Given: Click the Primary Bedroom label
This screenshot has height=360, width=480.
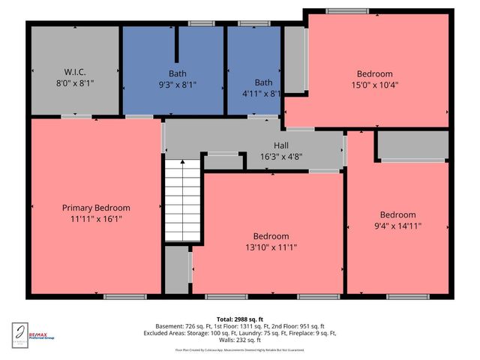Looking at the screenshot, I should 96,208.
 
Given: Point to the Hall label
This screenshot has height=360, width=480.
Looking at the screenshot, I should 280,147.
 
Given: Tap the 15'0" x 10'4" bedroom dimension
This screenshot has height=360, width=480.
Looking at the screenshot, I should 374,85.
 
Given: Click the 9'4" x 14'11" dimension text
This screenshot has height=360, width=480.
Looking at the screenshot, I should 397,226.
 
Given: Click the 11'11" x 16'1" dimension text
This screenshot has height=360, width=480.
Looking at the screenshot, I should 96,219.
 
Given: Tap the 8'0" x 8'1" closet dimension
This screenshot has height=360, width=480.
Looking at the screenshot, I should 74,84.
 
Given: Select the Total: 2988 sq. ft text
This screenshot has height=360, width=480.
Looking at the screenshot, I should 239,319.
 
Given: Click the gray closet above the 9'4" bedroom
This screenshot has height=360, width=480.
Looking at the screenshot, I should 412,145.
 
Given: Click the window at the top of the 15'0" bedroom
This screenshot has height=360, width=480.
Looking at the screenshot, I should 342,11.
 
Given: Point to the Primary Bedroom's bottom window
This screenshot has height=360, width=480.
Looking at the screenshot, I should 125,297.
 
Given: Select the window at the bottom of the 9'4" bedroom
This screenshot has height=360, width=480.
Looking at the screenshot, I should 408,297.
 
